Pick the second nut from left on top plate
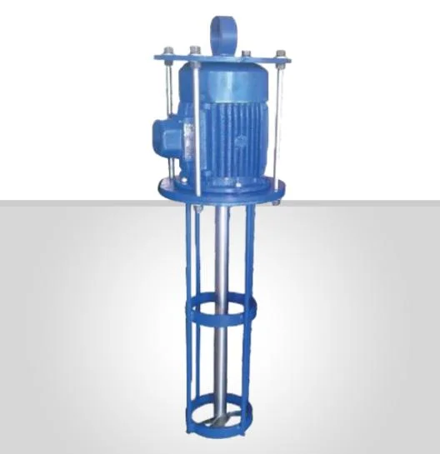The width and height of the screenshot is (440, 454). click(194, 52)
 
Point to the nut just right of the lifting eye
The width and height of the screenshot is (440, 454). click(247, 54)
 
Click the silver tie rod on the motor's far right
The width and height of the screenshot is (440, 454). click(282, 125)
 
